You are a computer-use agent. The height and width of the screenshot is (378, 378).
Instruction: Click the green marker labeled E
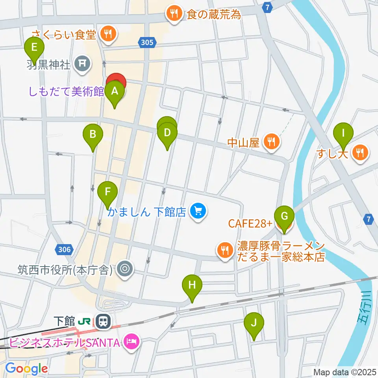(34, 48)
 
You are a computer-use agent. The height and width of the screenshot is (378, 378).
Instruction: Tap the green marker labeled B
(93, 134)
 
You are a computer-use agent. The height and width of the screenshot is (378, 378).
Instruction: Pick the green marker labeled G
(284, 216)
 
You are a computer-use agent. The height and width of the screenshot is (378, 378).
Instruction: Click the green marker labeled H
(192, 285)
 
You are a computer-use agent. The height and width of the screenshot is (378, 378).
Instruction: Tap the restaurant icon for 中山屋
(271, 141)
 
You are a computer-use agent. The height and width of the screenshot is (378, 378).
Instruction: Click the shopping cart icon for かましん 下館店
(197, 212)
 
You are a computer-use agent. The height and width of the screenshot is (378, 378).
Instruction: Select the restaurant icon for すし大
(359, 152)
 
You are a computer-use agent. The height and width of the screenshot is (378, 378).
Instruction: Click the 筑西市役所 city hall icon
(125, 270)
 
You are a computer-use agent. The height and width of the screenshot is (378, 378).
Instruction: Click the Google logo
(26, 369)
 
